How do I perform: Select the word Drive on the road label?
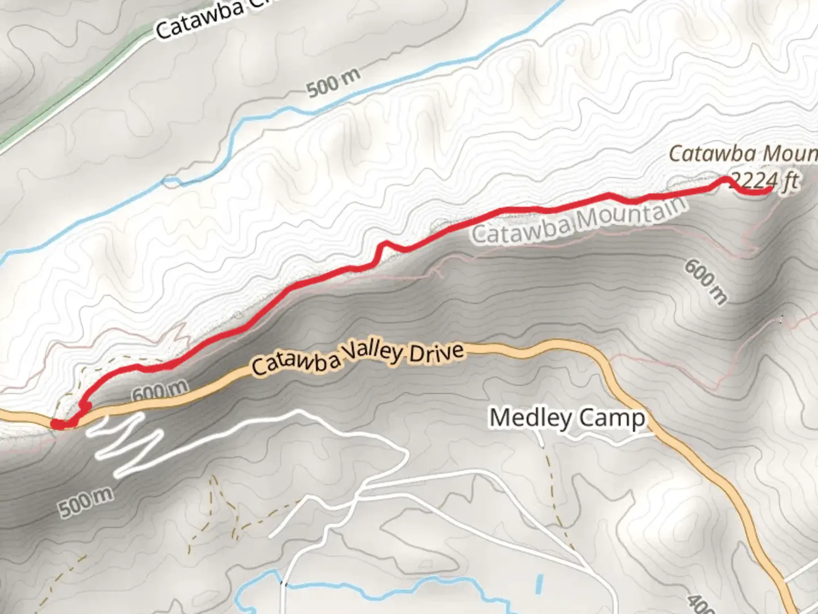436,352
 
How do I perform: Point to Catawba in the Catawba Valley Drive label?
297,362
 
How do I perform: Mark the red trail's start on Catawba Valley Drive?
57,424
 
